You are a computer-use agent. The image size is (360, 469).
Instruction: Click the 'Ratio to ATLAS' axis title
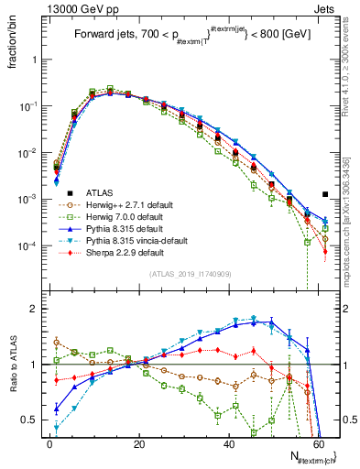pyautogui.click(x=12, y=365)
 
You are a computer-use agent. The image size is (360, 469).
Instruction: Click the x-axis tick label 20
pyautogui.click(x=140, y=442)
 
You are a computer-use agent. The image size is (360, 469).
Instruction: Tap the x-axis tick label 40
pyautogui.click(x=230, y=442)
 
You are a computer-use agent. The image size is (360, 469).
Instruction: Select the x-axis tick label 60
pyautogui.click(x=320, y=442)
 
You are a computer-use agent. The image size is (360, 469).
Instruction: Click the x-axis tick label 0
pyautogui.click(x=50, y=442)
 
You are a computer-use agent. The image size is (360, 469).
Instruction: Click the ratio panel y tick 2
pyautogui.click(x=35, y=309)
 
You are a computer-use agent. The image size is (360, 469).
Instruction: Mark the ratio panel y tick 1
pyautogui.click(x=35, y=365)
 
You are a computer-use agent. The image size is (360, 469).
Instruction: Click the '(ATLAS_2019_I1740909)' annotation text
pyautogui.click(x=189, y=274)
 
